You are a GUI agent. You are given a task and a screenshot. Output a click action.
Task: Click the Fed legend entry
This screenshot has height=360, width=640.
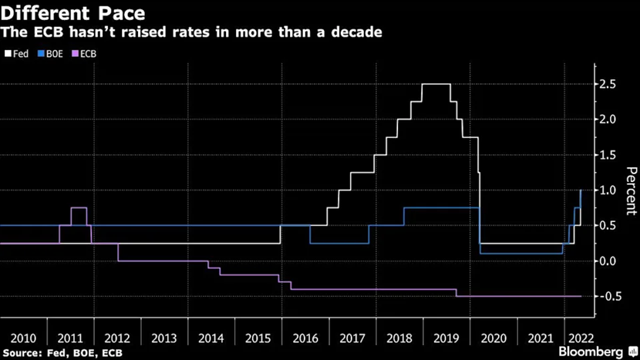coord(16,54)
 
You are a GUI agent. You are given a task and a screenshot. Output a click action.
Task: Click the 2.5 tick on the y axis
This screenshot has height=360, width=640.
coord(608,84)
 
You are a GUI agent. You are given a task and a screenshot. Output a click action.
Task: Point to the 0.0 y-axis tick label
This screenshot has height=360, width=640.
coord(608,261)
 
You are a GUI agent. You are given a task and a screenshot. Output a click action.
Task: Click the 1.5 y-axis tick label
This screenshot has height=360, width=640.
coord(608,155)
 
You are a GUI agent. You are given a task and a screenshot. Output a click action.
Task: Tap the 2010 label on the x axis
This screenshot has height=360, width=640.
coord(23,338)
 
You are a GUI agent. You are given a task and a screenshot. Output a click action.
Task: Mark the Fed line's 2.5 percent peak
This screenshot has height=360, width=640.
coord(436,84)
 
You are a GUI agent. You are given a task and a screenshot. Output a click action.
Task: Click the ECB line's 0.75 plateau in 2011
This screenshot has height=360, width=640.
coord(79,208)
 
